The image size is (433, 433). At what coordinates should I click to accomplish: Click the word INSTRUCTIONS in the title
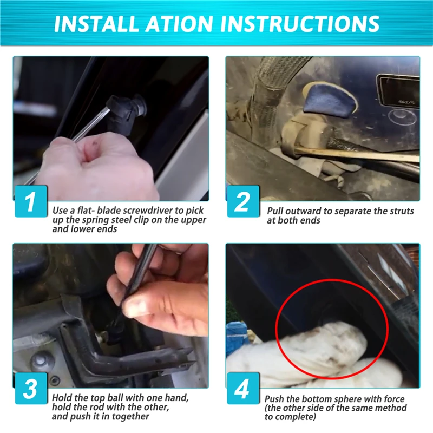click(x=300, y=24)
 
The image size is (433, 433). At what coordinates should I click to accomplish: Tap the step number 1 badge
click(x=31, y=201)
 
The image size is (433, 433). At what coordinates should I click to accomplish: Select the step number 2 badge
click(x=243, y=201)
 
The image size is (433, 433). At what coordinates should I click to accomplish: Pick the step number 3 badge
click(x=31, y=389)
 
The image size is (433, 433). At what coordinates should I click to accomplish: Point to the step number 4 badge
click(x=243, y=389)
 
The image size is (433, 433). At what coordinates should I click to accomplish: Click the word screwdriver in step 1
click(x=148, y=211)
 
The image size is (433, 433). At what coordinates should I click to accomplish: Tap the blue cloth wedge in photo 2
click(x=329, y=99)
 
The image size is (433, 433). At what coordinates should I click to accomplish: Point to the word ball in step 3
click(x=116, y=398)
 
